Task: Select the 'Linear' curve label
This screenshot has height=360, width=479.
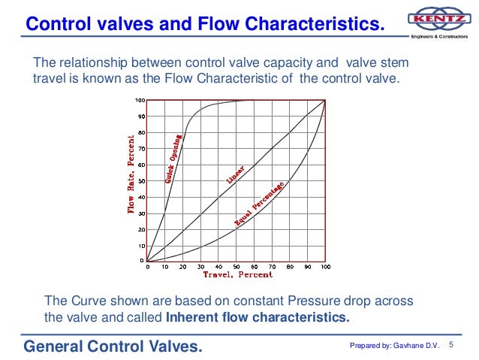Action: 235,174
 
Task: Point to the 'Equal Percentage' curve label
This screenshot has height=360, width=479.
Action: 259,204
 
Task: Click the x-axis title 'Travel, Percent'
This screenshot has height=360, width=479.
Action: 235,276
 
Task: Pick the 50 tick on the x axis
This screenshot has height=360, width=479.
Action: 236,267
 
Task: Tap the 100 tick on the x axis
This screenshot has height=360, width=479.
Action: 324,267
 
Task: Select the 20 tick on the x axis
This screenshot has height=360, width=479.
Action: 182,267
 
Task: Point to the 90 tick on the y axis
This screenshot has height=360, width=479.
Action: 140,116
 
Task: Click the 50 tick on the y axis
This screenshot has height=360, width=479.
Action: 140,181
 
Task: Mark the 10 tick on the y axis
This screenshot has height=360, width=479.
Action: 140,246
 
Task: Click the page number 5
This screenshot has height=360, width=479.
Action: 452,345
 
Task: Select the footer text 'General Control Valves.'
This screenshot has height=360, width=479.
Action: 112,346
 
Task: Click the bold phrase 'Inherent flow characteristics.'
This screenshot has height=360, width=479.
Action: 258,316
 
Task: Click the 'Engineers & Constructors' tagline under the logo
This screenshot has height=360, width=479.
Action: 438,36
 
